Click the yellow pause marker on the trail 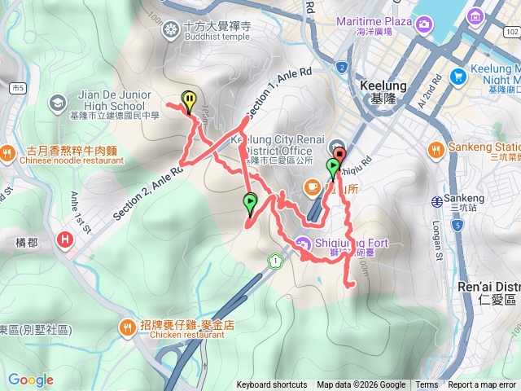click(189, 101)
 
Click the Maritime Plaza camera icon click(424, 25)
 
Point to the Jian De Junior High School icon click(56, 102)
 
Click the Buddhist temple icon click(170, 31)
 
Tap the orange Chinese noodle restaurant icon click(8, 152)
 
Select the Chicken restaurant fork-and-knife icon click(127, 328)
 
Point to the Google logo click(30, 380)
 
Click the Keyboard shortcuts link click(272, 385)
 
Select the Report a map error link click(482, 385)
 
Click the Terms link click(427, 385)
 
